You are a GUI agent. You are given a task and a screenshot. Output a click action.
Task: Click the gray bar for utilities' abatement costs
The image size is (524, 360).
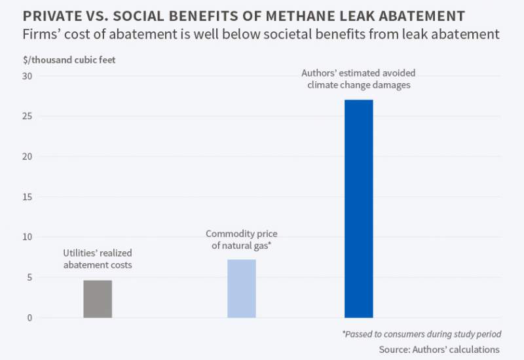[x=98, y=299]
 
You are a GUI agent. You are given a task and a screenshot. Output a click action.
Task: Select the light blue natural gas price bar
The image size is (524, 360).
[x=242, y=289]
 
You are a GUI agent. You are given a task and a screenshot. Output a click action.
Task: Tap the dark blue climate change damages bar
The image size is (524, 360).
[x=359, y=209]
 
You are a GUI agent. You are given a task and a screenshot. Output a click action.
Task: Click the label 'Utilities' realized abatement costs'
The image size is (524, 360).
[x=98, y=259]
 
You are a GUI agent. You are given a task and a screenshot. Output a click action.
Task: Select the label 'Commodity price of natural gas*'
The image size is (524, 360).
[x=242, y=239]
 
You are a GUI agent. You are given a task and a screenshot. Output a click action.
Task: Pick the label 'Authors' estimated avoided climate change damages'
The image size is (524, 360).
[x=358, y=79]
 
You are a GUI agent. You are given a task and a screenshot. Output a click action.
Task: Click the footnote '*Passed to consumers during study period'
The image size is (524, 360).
[x=421, y=334]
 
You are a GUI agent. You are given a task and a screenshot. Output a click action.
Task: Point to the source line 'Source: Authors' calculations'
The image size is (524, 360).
[x=439, y=349]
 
